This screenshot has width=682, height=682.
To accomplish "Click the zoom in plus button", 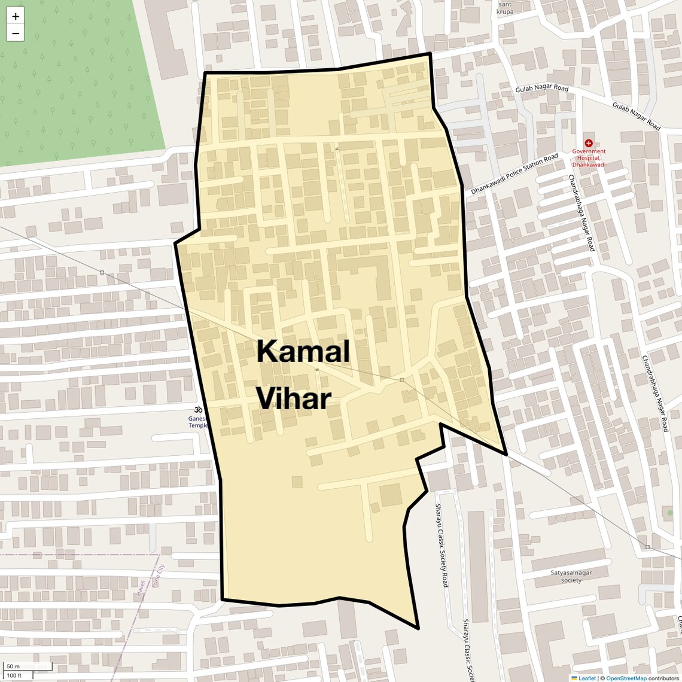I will click(x=16, y=17).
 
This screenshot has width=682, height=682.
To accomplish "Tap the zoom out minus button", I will click(x=16, y=34).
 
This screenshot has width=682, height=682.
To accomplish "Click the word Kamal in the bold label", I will click(x=303, y=351).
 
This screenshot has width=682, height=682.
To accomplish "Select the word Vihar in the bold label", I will click(x=294, y=398).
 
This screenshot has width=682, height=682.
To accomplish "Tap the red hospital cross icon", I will click(x=589, y=144).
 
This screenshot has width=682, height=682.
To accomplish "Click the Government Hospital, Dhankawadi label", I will click(x=589, y=158).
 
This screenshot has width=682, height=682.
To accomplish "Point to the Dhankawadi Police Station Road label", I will click(x=514, y=175).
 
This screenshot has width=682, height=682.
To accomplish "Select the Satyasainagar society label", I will click(x=571, y=576).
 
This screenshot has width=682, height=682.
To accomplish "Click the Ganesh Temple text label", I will click(x=198, y=422).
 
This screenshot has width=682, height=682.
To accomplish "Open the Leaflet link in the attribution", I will click(x=587, y=678).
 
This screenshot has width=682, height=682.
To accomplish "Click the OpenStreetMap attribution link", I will click(x=626, y=678).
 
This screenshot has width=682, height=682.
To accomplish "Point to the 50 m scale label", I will click(x=13, y=666).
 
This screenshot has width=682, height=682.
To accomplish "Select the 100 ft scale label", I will click(x=14, y=675).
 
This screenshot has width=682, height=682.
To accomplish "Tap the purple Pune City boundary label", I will click(x=159, y=576).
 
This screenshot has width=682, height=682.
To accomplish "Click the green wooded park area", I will click(x=78, y=78).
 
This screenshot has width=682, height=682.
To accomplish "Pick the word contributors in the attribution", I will click(x=663, y=678).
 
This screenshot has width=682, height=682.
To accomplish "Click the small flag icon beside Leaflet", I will click(x=574, y=678).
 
